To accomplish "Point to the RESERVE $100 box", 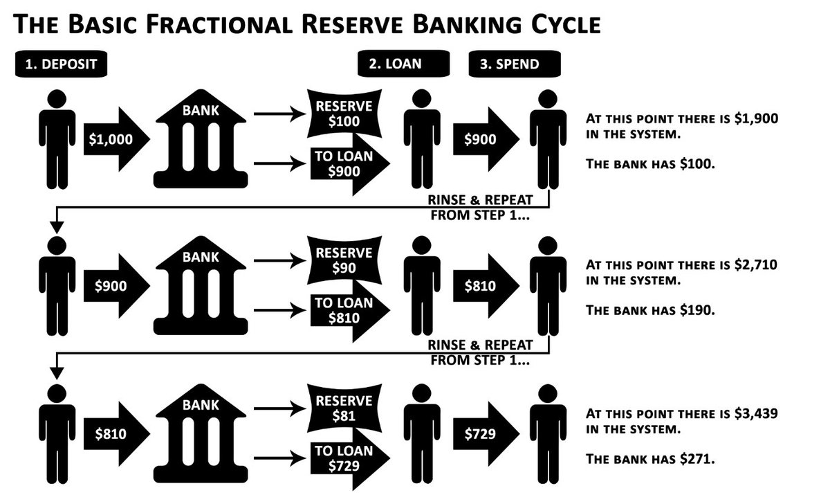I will coord(344,114).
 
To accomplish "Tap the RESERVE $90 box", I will coord(344,260).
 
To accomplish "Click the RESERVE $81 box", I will coord(344,408).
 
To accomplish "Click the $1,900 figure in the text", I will coord(755,118).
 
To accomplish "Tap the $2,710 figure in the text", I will coord(755,264).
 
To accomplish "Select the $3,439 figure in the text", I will coord(755,414).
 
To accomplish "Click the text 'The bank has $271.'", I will coord(649,458).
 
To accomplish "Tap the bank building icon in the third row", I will coord(201,433).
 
